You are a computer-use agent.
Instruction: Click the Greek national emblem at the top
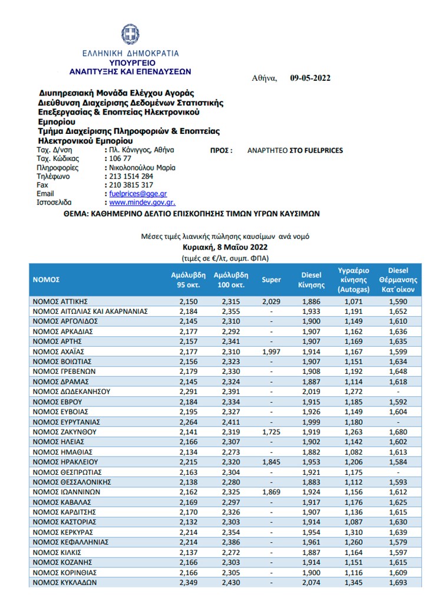coord(130,34)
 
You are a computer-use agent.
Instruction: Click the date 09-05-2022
coord(311,78)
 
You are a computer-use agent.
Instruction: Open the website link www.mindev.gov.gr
coord(133,202)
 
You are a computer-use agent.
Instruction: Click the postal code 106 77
coord(120,159)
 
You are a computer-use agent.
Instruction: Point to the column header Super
coord(272,280)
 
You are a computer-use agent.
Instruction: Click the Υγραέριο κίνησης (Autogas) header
coord(354,280)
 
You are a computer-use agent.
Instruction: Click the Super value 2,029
coord(272,301)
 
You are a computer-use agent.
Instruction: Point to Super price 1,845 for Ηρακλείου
coord(272,462)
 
